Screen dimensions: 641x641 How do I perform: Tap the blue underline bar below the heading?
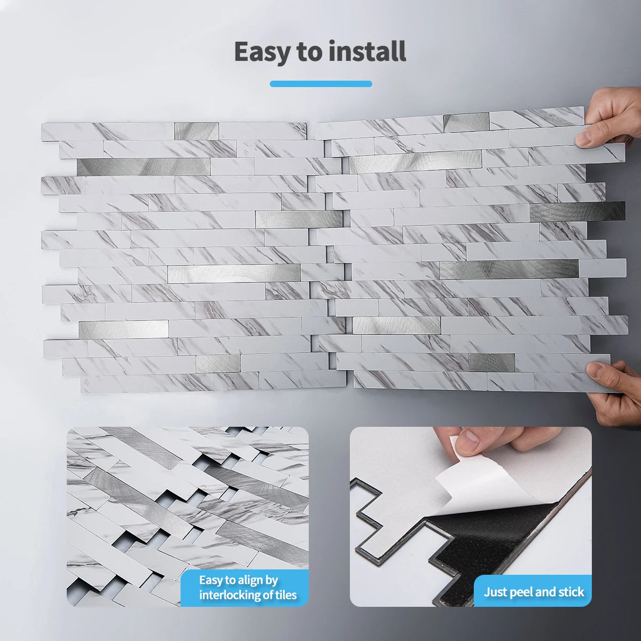coord(320,83)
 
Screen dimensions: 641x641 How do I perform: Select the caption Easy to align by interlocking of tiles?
coord(247,588)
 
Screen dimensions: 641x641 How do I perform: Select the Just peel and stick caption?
coord(534,592)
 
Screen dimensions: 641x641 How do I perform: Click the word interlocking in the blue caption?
coord(232,595)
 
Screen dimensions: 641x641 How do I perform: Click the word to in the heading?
coord(308,52)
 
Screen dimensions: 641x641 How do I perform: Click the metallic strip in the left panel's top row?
coord(197,131)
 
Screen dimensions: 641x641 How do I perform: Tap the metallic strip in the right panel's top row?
coord(466,123)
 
